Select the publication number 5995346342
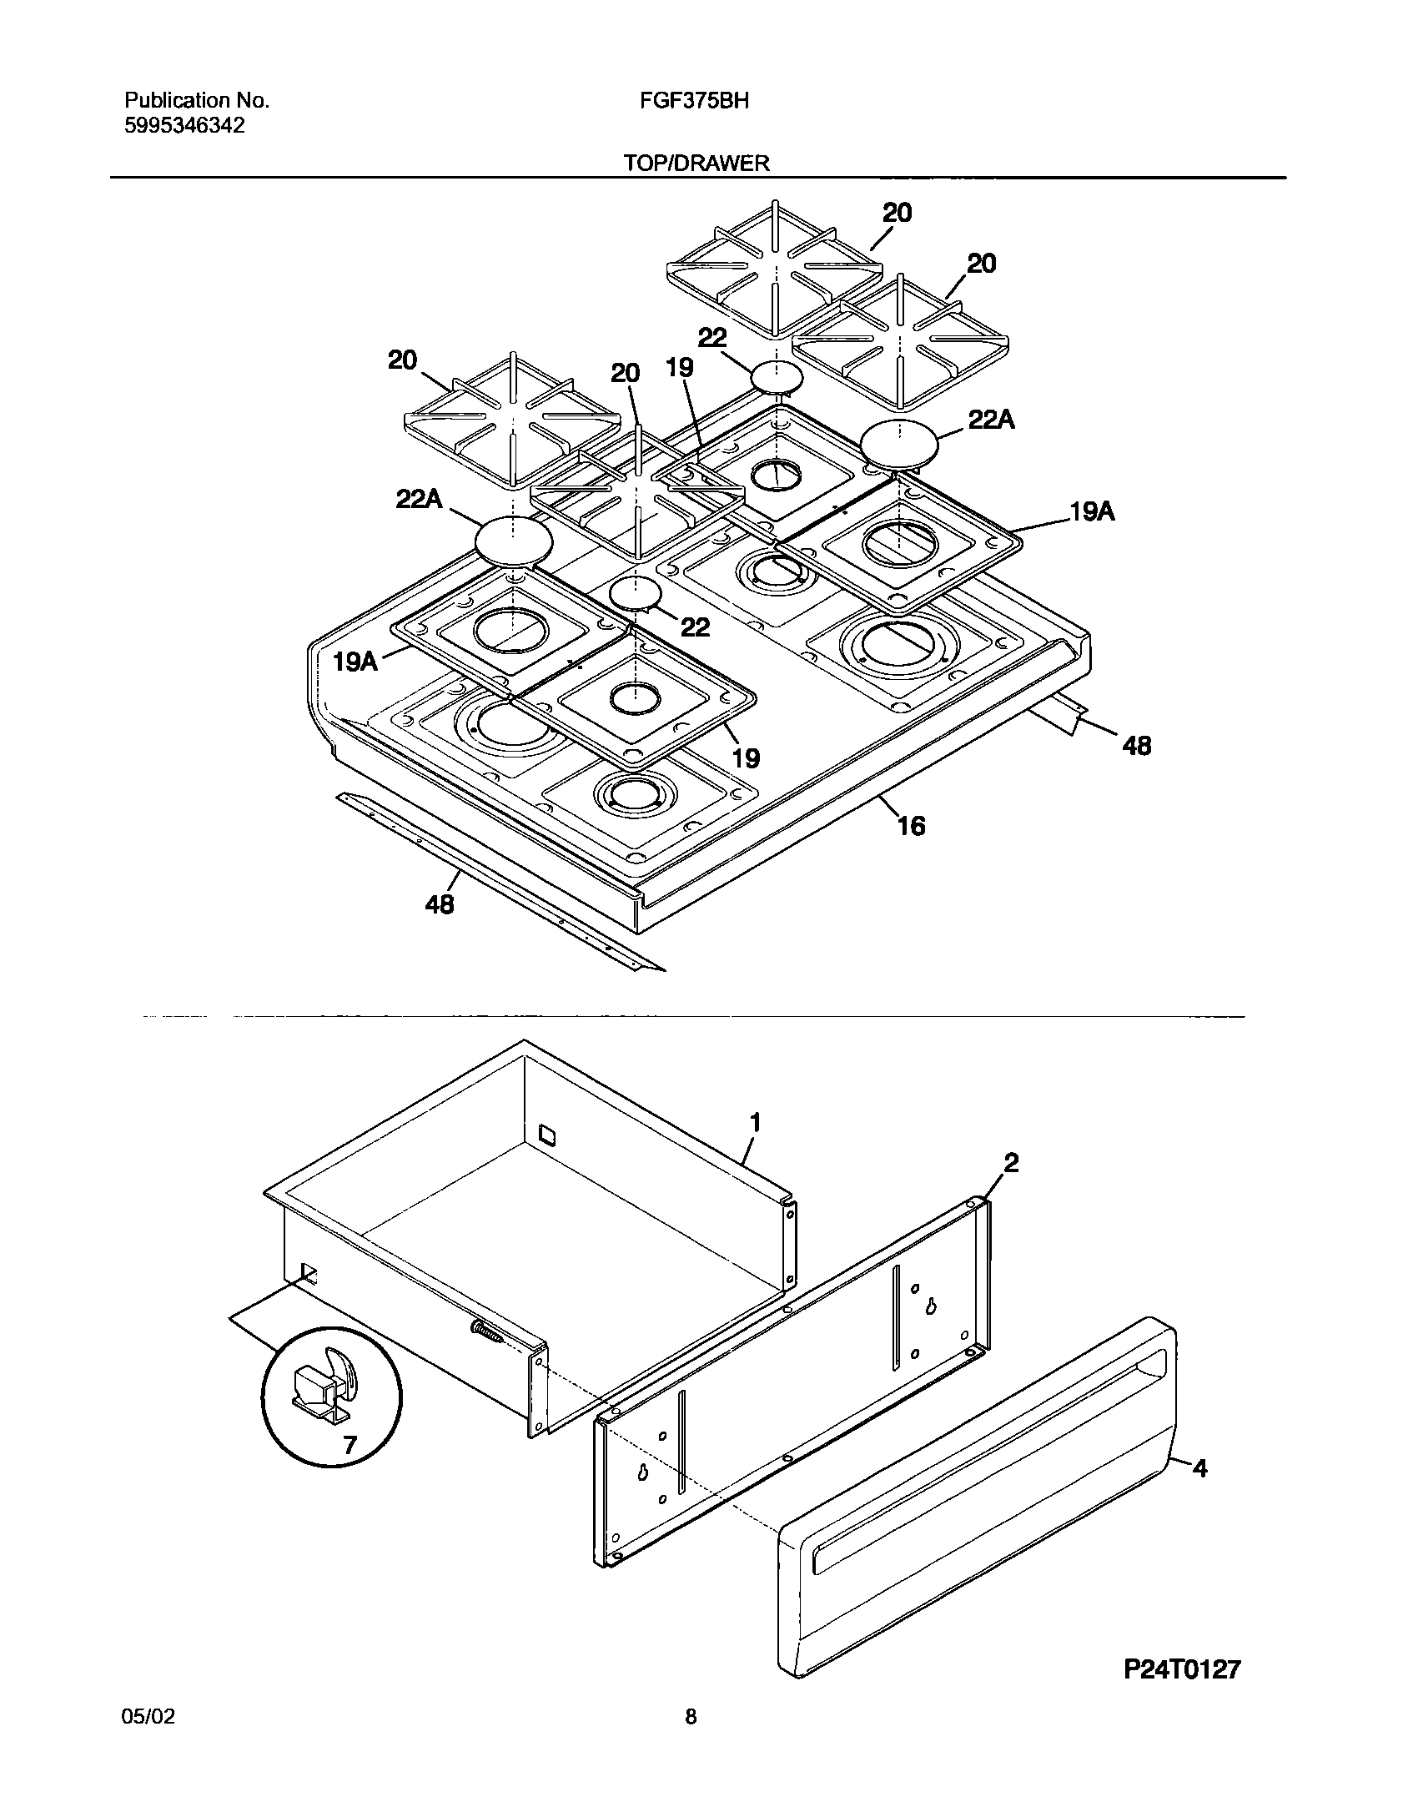point(184,126)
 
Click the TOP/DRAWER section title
point(697,164)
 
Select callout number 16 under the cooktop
point(912,826)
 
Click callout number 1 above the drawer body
point(755,1124)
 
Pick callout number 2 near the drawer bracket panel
point(1010,1163)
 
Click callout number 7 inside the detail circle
point(350,1446)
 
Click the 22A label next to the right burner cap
point(991,420)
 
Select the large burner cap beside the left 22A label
point(514,541)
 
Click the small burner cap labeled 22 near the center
point(636,593)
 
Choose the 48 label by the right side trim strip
point(1136,745)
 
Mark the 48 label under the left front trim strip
point(440,903)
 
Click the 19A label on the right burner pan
point(1092,511)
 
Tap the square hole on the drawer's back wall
point(547,1134)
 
